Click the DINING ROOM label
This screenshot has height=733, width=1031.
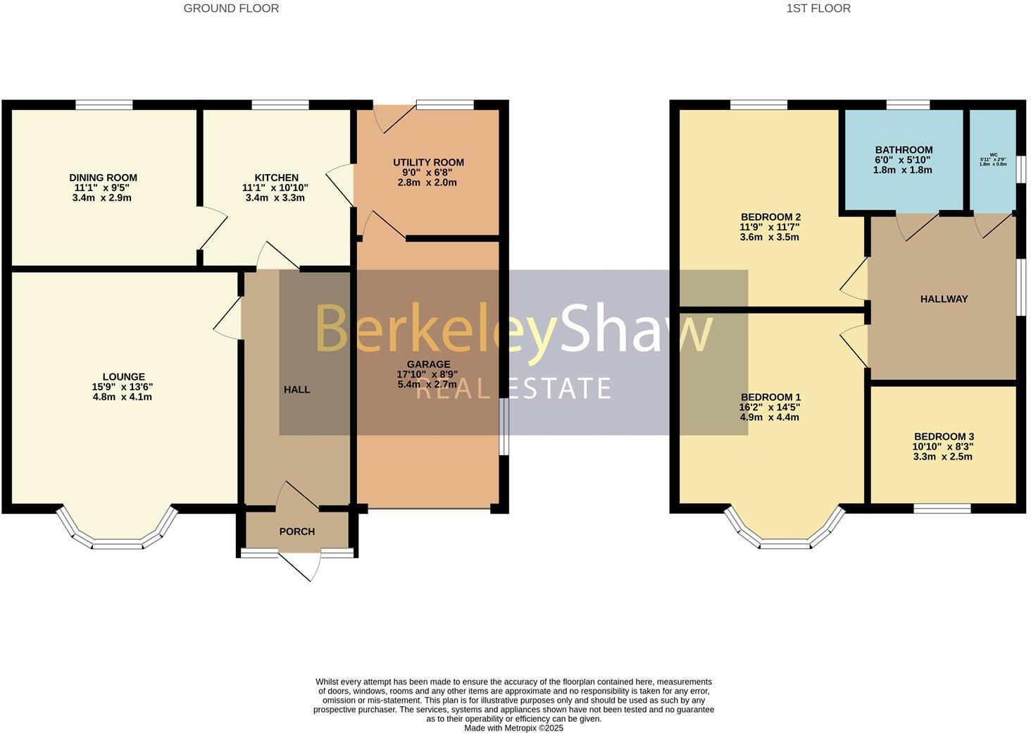103,178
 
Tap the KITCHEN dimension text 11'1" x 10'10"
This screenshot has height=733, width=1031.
275,187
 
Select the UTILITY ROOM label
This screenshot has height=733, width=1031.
428,162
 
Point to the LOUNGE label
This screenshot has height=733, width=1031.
123,377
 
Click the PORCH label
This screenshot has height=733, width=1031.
297,531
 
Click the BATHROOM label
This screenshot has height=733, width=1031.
904,149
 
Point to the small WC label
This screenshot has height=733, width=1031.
993,154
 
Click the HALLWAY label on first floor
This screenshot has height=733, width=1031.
944,299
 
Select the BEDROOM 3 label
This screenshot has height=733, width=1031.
944,436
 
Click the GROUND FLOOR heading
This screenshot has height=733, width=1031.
231,8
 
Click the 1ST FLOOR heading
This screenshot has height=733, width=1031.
818,8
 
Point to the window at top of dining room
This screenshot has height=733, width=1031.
104,105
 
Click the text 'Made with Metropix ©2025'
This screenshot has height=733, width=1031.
513,728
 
